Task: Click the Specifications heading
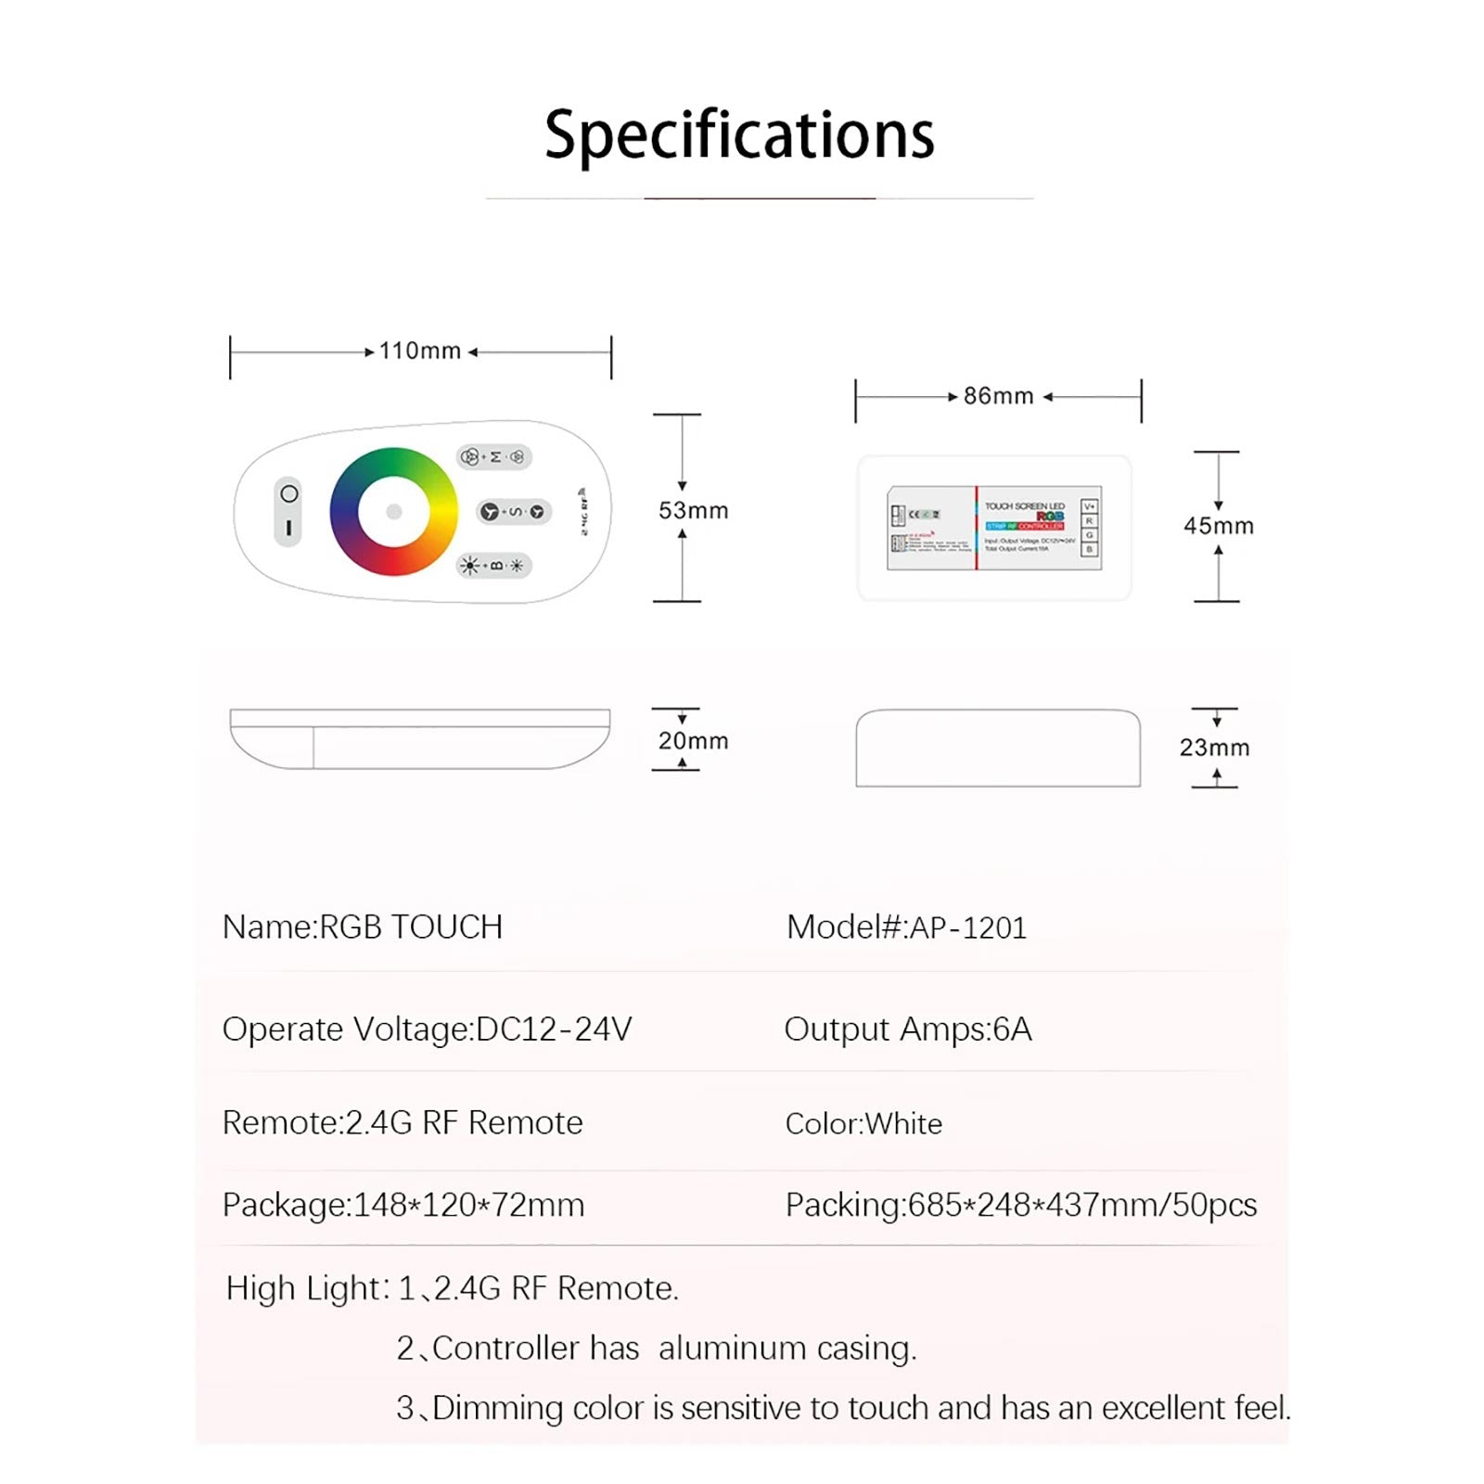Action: coord(739,134)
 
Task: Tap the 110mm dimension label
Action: coord(419,351)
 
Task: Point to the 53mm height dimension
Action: coord(693,510)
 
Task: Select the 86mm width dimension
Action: coord(998,396)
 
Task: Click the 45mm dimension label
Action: coord(1218,526)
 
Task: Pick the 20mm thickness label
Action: coord(693,741)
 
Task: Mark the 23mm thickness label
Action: coord(1214,748)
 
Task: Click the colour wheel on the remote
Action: coord(393,511)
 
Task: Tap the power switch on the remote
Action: coord(288,511)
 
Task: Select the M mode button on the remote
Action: coord(494,456)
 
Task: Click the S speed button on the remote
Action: coord(514,511)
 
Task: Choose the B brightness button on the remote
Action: coord(494,565)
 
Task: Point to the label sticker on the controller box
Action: coord(993,528)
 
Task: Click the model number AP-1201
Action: coord(967,927)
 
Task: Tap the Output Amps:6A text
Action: coord(907,1030)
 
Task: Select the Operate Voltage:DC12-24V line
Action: coord(427,1030)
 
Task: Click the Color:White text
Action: coord(863,1123)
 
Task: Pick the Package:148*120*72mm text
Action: coord(403,1205)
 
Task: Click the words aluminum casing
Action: coord(787,1348)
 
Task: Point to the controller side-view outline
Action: coord(997,748)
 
